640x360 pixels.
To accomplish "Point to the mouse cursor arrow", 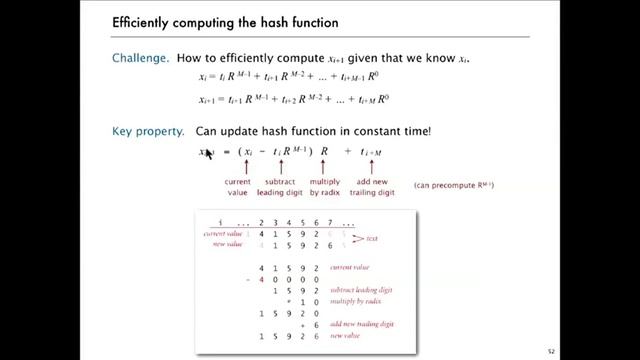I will (208, 153).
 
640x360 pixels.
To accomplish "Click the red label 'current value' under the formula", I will (237, 185).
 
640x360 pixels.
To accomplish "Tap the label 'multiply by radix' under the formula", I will (325, 185).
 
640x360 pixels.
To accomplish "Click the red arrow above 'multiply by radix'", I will (324, 167).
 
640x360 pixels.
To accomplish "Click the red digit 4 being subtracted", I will (262, 280).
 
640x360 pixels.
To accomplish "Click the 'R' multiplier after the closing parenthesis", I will (324, 152).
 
